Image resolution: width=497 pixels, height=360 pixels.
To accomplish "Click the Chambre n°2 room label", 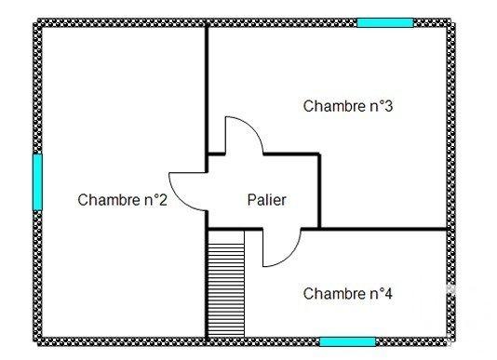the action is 122,199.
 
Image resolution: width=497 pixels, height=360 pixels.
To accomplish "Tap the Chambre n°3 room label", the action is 347,106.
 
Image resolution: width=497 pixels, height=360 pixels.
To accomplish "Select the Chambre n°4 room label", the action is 347,294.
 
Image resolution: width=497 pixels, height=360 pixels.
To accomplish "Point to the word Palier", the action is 266,199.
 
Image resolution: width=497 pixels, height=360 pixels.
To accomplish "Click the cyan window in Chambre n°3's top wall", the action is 384,21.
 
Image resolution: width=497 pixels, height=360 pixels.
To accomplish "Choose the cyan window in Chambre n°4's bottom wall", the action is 346,341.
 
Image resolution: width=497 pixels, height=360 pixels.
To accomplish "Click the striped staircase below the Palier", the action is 225,284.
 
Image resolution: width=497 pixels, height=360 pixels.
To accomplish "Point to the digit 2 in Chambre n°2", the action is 163,199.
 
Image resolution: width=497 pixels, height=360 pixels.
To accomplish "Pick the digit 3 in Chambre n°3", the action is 387,106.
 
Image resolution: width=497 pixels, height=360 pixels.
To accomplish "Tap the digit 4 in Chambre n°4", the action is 387,294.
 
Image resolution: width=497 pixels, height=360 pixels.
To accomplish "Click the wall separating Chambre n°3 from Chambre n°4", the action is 386,228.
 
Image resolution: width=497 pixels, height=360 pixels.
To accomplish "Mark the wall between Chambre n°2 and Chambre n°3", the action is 207,88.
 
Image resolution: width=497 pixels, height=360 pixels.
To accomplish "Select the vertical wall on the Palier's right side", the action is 320,191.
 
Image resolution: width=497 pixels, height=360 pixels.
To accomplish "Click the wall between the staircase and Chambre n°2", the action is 207,284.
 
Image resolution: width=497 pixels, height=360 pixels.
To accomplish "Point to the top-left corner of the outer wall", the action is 38,22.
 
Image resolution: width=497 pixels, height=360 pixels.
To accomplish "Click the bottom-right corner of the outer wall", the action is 453,341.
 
